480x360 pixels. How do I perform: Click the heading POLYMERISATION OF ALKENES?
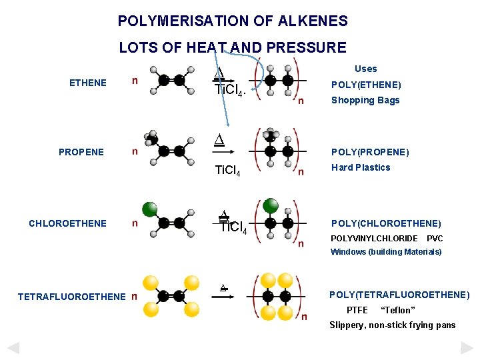(233, 21)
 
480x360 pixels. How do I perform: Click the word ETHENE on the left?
(88, 83)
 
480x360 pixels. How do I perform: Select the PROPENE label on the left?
(81, 152)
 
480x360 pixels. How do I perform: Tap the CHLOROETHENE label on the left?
(67, 223)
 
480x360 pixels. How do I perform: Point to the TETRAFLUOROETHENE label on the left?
(71, 297)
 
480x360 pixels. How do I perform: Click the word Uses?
(365, 69)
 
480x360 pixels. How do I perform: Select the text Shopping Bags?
(365, 100)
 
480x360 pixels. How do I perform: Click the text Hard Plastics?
(361, 167)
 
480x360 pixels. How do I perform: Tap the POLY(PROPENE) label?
(370, 152)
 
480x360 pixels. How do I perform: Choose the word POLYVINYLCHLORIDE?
(374, 238)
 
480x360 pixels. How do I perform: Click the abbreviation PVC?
(435, 238)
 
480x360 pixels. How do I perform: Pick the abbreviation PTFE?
(357, 310)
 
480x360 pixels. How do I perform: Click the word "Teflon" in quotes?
(397, 310)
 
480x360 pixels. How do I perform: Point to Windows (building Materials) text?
(386, 252)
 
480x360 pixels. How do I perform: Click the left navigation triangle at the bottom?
(13, 347)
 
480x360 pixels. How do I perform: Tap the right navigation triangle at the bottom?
(467, 347)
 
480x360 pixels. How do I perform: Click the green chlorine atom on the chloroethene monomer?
(150, 209)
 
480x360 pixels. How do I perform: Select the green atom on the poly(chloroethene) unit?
(271, 205)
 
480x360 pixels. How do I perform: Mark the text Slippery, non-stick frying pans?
(393, 325)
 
